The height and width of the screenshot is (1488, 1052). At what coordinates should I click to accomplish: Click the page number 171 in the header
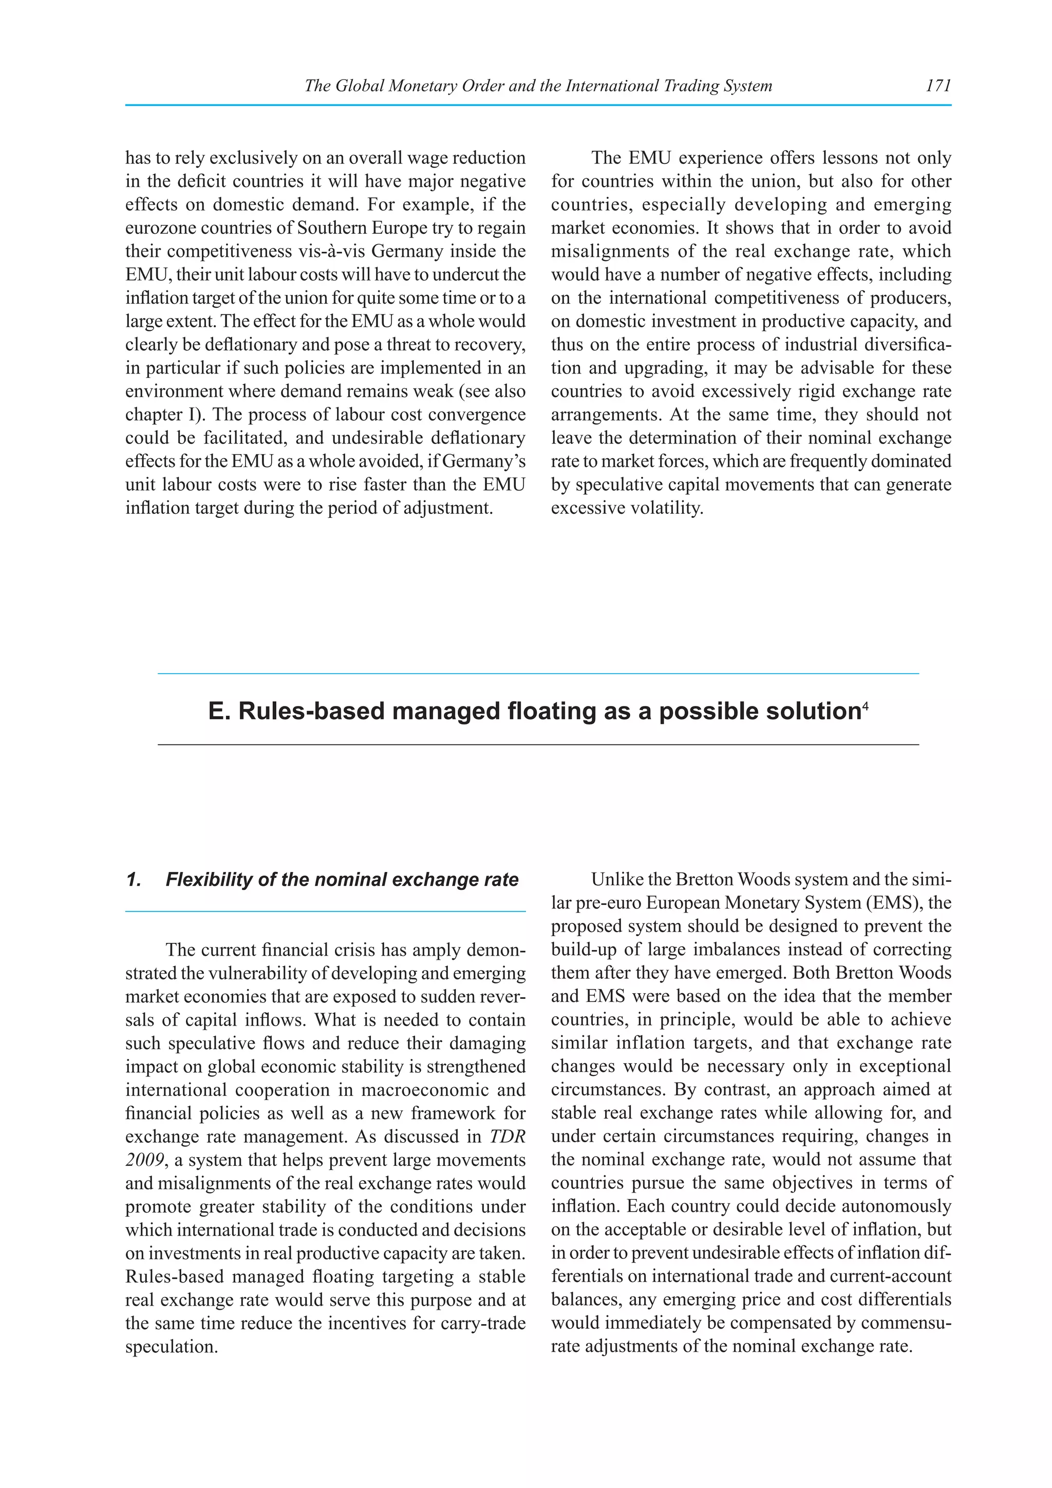[938, 85]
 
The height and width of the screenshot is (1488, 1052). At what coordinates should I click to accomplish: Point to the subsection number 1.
[134, 880]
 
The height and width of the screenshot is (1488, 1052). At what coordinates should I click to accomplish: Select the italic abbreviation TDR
[506, 1137]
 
